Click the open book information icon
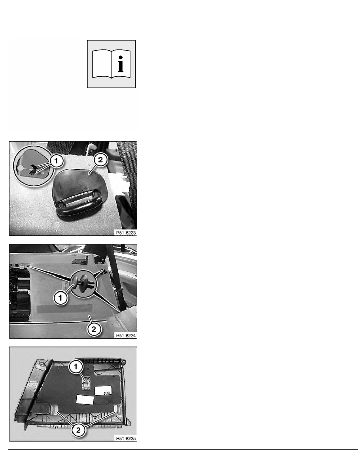click(111, 64)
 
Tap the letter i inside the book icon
click(120, 64)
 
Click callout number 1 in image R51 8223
click(56, 161)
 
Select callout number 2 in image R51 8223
click(100, 160)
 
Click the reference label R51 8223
click(126, 233)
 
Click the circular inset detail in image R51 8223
click(34, 166)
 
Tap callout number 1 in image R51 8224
click(60, 298)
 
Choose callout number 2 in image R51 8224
click(94, 329)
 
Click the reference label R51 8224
click(126, 335)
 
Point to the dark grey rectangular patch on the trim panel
click(64, 309)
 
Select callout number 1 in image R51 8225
click(76, 367)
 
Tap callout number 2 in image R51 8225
click(78, 430)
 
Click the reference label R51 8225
click(126, 438)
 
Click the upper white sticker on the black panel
click(103, 390)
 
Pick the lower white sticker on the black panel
click(85, 400)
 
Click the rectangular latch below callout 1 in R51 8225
click(86, 383)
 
